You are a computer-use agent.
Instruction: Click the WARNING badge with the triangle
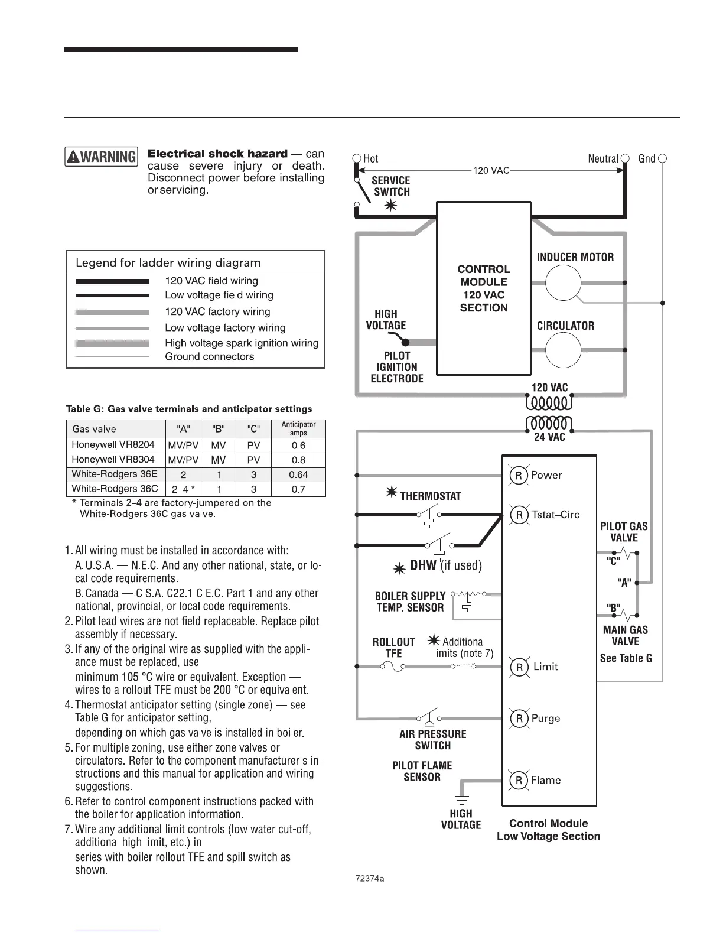101,157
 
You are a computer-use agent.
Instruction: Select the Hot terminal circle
356,158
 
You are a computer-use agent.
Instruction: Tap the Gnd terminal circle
662,158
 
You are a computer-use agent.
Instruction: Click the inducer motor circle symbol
563,284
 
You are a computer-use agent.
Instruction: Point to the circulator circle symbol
563,350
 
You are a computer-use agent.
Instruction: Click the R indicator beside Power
519,475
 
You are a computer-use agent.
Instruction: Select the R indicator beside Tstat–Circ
519,515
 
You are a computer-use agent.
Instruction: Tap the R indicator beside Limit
519,667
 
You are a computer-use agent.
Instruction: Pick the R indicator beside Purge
519,719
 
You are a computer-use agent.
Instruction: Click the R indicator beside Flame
519,780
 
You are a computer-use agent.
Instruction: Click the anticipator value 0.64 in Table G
299,474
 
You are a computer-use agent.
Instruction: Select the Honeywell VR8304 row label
113,460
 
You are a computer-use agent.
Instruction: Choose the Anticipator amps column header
298,428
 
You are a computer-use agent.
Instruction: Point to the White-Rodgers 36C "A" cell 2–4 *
183,489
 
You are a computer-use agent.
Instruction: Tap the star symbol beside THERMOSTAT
391,493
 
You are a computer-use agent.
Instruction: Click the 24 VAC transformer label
549,437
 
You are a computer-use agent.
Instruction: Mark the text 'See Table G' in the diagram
626,658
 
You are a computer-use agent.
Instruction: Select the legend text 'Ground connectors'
210,357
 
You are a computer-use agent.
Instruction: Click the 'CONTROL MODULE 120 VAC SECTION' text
484,288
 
